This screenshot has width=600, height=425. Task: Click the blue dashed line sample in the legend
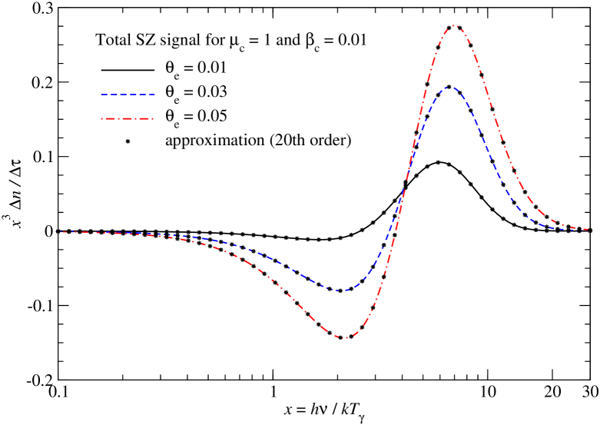[x=128, y=95]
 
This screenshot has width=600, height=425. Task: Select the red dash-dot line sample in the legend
[x=128, y=118]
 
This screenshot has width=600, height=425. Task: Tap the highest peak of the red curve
[x=453, y=25]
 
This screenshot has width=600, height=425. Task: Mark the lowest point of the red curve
[x=345, y=338]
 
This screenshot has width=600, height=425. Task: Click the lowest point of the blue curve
[x=341, y=291]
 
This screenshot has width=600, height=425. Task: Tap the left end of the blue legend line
[x=101, y=95]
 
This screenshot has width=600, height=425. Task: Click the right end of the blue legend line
[x=154, y=95]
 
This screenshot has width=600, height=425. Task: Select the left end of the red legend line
[x=101, y=118]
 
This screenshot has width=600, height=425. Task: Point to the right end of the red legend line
[x=154, y=118]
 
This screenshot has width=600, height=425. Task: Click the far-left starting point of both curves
[x=63, y=231]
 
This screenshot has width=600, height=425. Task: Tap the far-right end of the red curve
[x=588, y=229]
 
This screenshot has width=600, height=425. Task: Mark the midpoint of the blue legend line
[x=128, y=95]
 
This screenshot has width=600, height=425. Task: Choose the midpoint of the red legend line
[x=128, y=118]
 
